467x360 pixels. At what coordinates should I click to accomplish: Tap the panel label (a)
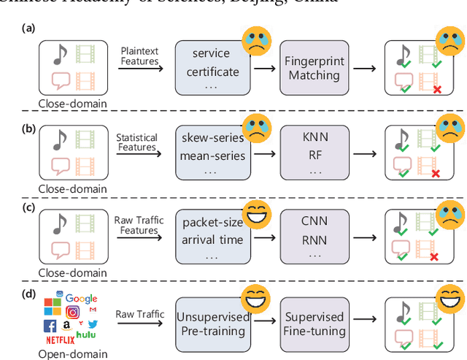[x=28, y=28]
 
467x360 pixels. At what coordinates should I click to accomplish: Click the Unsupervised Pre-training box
[x=212, y=323]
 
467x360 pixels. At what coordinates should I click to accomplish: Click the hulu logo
[x=91, y=334]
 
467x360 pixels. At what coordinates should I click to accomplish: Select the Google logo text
[x=81, y=297]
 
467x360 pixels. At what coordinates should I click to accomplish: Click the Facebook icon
[x=50, y=326]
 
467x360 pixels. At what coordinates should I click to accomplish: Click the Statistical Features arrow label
[x=137, y=142]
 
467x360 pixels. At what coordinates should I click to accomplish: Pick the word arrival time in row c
[x=212, y=237]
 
